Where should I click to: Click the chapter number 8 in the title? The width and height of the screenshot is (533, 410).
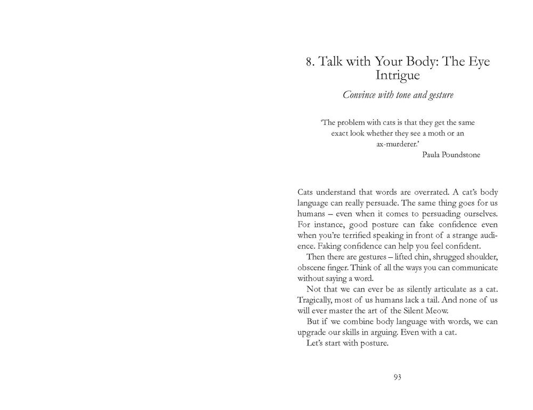[x=309, y=62]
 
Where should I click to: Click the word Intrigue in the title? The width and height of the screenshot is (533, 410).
[x=397, y=76]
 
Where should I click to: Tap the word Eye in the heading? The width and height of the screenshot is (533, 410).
[x=478, y=61]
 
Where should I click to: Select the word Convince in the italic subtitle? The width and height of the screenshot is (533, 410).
[x=358, y=96]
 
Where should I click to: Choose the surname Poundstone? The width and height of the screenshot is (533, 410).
[x=461, y=155]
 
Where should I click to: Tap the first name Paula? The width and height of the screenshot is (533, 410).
[x=430, y=155]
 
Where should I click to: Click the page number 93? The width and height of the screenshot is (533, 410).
[x=397, y=377]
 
